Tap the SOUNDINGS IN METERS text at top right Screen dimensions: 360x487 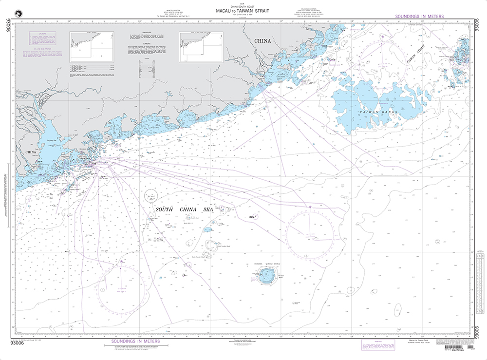coord(425,17)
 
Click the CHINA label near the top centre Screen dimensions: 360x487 coord(262,41)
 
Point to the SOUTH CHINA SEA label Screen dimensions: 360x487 coord(178,209)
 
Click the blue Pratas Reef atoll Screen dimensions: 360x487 coord(267,278)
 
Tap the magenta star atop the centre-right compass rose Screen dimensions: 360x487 coord(310,208)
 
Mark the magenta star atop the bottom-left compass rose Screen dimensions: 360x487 coord(121,262)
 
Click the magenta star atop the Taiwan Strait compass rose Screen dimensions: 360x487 coord(384,36)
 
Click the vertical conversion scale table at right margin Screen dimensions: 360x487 coord(479,283)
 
